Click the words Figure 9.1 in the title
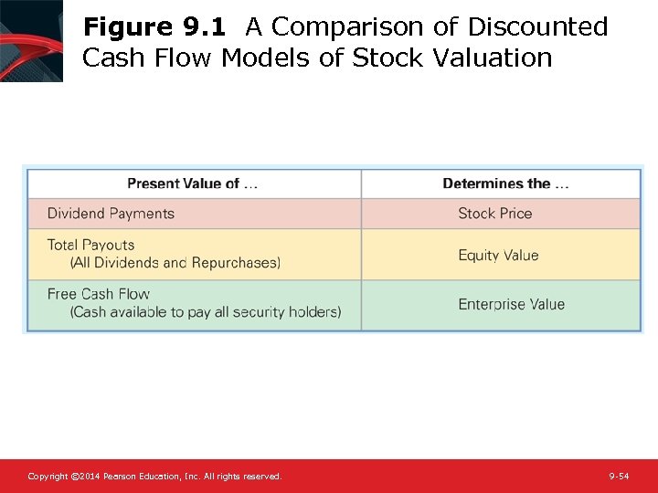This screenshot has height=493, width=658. [x=154, y=27]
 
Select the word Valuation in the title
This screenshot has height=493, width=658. [x=493, y=58]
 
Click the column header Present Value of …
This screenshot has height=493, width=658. [x=192, y=184]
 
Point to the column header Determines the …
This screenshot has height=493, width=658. [x=505, y=184]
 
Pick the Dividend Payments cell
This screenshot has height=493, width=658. [x=111, y=214]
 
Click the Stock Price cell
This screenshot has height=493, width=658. [x=494, y=214]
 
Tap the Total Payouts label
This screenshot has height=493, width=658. [x=90, y=245]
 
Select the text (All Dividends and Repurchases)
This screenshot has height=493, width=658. [x=175, y=263]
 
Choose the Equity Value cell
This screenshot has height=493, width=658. [x=498, y=256]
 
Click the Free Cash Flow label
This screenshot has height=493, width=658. [x=98, y=294]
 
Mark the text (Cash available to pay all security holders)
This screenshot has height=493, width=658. [x=206, y=312]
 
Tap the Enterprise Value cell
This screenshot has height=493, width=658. [x=511, y=305]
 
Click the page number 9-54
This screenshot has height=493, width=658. [x=619, y=477]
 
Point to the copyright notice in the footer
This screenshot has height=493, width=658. [x=154, y=477]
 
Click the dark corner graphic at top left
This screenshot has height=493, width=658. [x=31, y=40]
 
